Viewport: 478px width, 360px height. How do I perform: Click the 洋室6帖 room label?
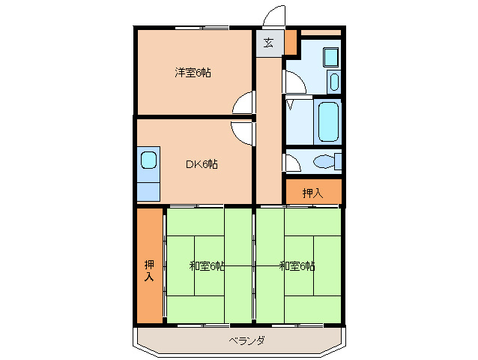(193, 73)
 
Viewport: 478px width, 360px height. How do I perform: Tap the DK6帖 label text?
(202, 164)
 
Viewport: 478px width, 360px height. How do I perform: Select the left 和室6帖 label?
(207, 266)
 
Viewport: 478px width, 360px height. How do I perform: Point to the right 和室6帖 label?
(297, 266)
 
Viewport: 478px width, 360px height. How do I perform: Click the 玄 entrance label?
(268, 43)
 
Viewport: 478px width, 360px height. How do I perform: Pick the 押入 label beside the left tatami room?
(149, 271)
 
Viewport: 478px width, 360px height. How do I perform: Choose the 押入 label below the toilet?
(312, 193)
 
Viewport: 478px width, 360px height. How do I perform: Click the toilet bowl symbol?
(323, 161)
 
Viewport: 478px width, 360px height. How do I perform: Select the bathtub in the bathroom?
(328, 122)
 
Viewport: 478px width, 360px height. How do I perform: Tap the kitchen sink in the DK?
(148, 160)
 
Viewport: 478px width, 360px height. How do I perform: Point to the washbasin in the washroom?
(333, 82)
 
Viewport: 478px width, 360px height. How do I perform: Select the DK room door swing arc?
(243, 132)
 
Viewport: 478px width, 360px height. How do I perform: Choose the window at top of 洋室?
(202, 28)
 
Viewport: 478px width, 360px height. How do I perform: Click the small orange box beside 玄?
(291, 43)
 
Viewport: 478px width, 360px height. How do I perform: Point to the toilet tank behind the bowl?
(338, 161)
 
